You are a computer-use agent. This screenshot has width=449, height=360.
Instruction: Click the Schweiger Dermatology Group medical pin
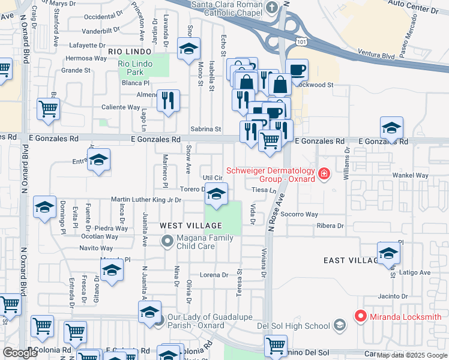(x=324, y=174)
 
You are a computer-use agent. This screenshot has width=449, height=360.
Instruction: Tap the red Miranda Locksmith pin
(x=361, y=315)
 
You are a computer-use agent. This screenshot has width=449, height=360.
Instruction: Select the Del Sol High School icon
(x=340, y=325)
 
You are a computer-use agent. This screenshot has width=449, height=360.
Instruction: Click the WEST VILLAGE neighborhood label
(x=191, y=226)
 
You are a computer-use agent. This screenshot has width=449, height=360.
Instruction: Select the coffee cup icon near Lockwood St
(x=297, y=70)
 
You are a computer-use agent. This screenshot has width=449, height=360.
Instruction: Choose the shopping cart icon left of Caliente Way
(x=48, y=109)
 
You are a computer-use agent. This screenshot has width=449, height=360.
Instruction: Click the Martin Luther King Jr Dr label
(x=145, y=200)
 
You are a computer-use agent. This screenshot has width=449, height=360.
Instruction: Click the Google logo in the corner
(x=20, y=353)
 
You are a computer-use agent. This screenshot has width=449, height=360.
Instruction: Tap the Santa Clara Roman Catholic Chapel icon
(x=272, y=7)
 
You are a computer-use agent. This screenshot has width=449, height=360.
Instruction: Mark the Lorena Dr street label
(x=214, y=275)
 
